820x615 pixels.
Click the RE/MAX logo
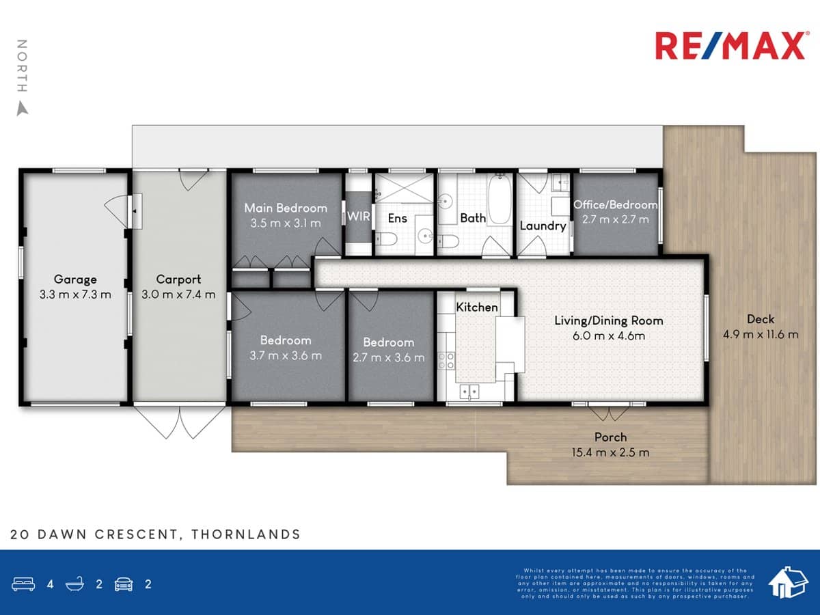click(730, 46)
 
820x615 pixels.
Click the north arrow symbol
click(23, 108)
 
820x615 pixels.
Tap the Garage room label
click(75, 279)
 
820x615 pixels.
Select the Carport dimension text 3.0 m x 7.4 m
click(178, 295)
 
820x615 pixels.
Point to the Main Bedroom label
click(286, 208)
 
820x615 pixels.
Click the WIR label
click(359, 217)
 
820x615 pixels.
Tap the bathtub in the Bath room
click(500, 200)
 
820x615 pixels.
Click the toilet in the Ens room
click(384, 238)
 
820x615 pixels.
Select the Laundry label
click(543, 225)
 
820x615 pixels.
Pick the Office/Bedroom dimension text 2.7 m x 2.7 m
click(615, 219)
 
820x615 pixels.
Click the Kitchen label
click(477, 307)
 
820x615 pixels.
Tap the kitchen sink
click(469, 392)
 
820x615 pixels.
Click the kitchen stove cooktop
click(447, 360)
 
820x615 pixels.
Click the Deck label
click(761, 318)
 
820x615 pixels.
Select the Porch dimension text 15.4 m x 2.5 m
click(610, 452)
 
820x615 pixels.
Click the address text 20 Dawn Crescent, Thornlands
click(155, 534)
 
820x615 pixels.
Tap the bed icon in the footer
click(23, 584)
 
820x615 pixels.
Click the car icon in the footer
click(124, 584)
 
